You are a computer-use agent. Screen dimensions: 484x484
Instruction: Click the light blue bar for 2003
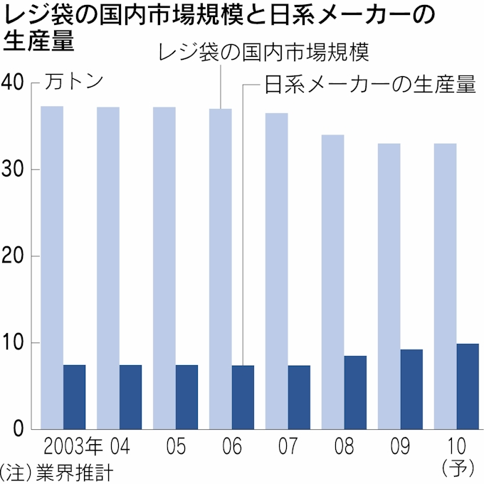pyautogui.click(x=52, y=267)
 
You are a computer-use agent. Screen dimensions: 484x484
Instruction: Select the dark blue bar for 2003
pyautogui.click(x=74, y=396)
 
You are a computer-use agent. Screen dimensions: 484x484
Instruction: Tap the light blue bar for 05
pyautogui.click(x=164, y=268)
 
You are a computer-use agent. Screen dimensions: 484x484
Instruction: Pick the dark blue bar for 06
pyautogui.click(x=243, y=397)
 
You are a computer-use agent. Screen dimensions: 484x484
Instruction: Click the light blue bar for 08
pyautogui.click(x=332, y=281)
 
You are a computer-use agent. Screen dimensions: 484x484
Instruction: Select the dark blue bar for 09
pyautogui.click(x=411, y=389)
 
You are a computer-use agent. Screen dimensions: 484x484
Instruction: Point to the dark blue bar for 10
pyautogui.click(x=468, y=386)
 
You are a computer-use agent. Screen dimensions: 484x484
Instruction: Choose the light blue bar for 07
pyautogui.click(x=276, y=270)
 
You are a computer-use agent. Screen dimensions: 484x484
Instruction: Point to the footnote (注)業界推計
pyautogui.click(x=56, y=472)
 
